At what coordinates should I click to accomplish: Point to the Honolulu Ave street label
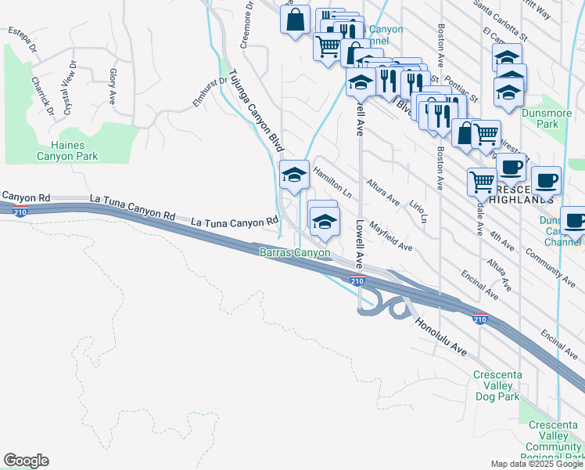point(441,338)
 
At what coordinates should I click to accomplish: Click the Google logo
point(26,461)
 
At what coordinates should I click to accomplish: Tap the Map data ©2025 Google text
point(537,464)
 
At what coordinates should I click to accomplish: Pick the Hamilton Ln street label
point(332,181)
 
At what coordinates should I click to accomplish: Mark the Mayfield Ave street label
point(390,235)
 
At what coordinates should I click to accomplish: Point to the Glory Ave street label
point(113,86)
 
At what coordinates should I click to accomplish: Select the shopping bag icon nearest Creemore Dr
point(296,20)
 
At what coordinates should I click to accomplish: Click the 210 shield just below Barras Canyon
point(357,281)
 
